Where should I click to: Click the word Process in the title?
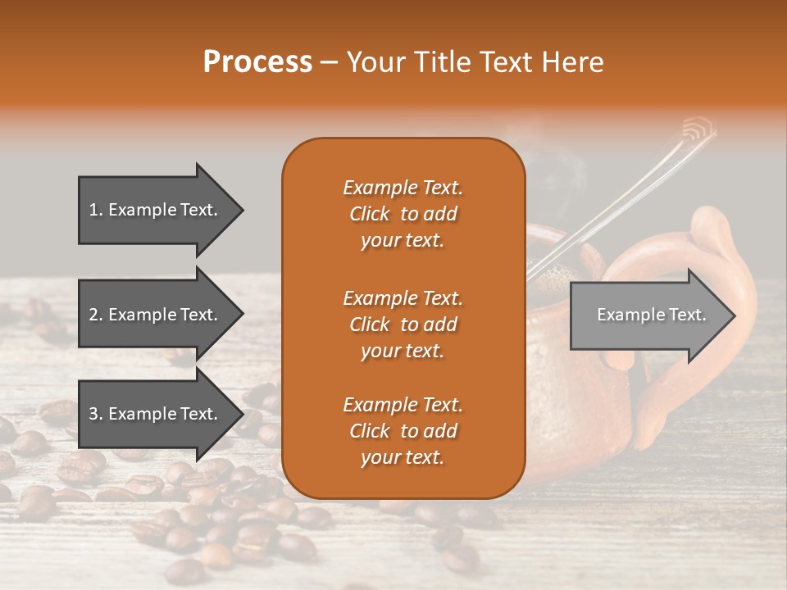(257, 62)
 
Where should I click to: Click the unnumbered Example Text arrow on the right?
(651, 315)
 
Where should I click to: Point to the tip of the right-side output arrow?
(734, 315)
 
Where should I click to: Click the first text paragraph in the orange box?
(403, 214)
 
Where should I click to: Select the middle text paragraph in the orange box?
(403, 324)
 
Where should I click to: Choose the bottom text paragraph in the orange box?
(403, 431)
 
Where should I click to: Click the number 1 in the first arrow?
(93, 210)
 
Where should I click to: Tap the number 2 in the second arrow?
(93, 315)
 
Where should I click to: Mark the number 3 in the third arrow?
(93, 414)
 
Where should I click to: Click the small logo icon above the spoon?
(698, 129)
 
